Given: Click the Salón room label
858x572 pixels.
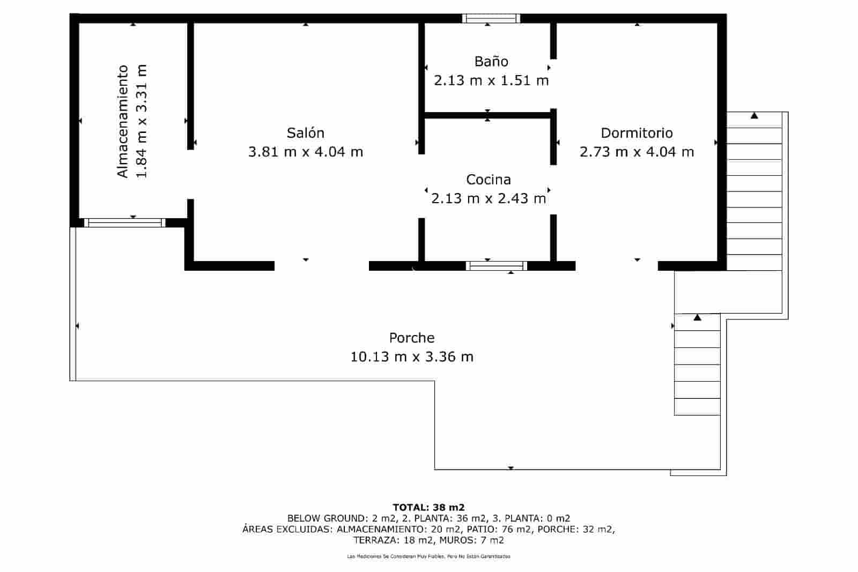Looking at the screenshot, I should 305,133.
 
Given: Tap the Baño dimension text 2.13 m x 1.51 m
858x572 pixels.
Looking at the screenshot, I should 491,81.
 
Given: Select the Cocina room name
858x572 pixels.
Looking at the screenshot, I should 488,180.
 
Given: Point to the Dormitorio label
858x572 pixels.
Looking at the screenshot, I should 637,133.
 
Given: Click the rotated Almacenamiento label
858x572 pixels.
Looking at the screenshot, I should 123,121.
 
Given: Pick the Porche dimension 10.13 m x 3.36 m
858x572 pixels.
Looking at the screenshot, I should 412,357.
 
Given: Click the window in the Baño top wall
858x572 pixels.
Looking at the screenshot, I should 491,19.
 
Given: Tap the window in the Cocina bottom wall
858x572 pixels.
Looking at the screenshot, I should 496,266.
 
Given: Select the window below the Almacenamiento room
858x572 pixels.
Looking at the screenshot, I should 124,222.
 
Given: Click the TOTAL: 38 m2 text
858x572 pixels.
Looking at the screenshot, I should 428,507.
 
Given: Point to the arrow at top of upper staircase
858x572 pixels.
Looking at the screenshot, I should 755,115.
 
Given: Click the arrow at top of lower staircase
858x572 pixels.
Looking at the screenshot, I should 697,317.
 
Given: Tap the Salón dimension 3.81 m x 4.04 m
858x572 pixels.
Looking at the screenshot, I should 305,152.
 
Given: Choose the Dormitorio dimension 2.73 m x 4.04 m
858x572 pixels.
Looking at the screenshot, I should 637,152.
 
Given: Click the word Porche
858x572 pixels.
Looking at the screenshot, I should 412,338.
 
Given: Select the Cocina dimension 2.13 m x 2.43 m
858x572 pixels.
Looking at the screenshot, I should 488,199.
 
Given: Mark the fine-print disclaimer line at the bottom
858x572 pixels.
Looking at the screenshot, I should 428,556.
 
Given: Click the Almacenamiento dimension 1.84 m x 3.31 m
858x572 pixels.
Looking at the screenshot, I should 142,121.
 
